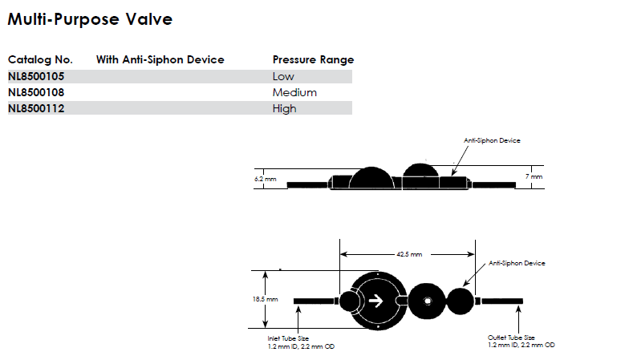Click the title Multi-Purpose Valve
click(89, 19)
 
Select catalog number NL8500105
click(36, 77)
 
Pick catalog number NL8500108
click(36, 93)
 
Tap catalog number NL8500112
click(36, 109)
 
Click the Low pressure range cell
click(284, 77)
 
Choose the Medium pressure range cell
click(294, 93)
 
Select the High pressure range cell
click(285, 109)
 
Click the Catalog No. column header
click(40, 60)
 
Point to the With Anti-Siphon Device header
click(160, 60)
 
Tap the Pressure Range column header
click(313, 60)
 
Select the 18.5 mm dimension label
click(266, 299)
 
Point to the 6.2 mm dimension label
click(265, 179)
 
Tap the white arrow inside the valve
click(375, 301)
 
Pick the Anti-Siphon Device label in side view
click(492, 140)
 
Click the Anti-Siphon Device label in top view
click(517, 263)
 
